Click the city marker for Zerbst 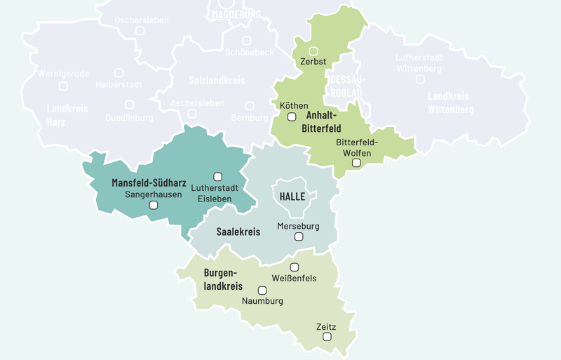(x=313, y=51)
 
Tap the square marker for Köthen (x=292, y=116)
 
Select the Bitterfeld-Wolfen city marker (x=356, y=163)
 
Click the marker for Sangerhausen (x=154, y=206)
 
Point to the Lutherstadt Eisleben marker (x=217, y=176)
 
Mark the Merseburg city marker (x=299, y=237)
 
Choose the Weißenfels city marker (x=295, y=267)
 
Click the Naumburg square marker (x=262, y=290)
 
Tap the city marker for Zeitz (x=327, y=338)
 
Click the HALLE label (x=292, y=196)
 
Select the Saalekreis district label (x=238, y=232)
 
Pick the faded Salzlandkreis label (x=217, y=81)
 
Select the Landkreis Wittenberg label (x=451, y=102)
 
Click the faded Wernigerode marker (x=63, y=86)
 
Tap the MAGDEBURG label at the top (x=236, y=14)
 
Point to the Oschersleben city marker (x=140, y=31)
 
